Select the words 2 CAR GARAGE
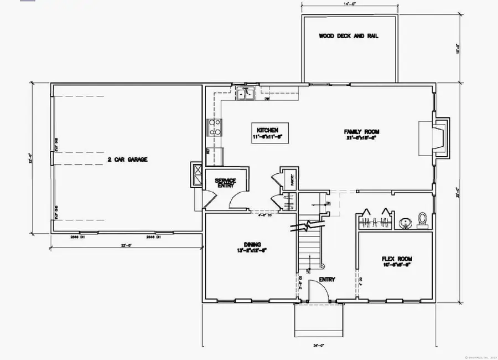[127, 160]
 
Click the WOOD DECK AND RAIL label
[349, 36]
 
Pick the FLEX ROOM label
[397, 259]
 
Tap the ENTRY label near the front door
[327, 280]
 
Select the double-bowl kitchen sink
[245, 94]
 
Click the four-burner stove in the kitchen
[214, 128]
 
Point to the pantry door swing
[276, 182]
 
